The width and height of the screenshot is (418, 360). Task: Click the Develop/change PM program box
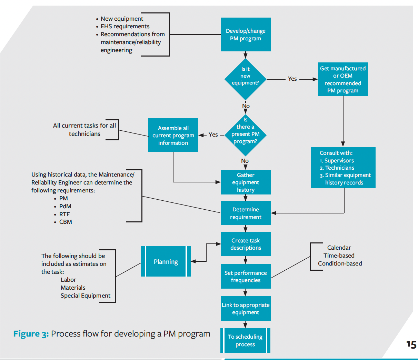[246, 34]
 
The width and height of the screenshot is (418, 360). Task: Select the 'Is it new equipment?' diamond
[245, 79]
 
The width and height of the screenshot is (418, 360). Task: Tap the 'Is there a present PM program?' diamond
[245, 134]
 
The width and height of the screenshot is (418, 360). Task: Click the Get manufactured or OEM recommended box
[343, 79]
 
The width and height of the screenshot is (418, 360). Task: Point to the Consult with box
[343, 168]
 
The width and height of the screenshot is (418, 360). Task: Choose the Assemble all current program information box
[173, 135]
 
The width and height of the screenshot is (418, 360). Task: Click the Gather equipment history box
[246, 182]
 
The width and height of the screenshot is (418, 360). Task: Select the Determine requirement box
[246, 213]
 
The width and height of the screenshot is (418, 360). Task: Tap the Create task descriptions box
[246, 244]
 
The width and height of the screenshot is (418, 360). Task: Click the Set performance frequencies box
[246, 276]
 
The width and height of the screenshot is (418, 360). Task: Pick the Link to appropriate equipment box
[246, 308]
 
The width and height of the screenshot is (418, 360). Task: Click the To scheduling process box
[245, 340]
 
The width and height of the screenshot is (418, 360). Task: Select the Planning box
[166, 261]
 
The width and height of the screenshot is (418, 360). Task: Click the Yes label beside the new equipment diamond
[292, 79]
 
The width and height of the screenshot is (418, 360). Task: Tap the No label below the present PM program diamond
[245, 161]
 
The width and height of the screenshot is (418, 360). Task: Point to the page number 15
[411, 344]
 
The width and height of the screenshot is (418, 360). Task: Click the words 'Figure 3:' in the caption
[31, 334]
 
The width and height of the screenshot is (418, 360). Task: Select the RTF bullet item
[64, 214]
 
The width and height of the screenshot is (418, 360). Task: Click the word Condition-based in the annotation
[340, 263]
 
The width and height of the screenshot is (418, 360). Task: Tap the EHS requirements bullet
[125, 27]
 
